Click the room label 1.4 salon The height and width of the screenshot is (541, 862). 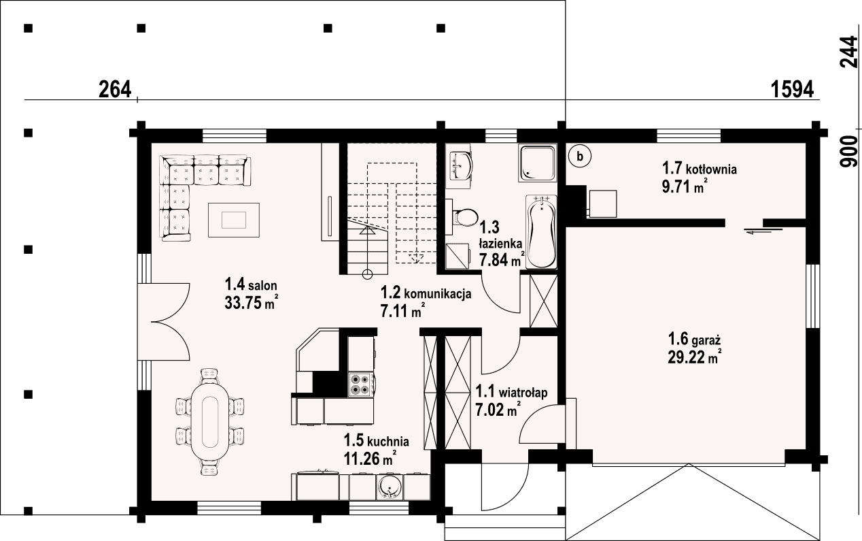tap(251, 284)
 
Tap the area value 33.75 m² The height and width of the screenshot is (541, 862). tap(251, 303)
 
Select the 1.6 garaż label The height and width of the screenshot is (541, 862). tap(694, 338)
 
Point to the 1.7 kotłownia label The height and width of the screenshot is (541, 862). tap(700, 167)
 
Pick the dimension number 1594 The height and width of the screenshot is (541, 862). tap(793, 89)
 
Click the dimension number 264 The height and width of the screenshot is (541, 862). tap(114, 89)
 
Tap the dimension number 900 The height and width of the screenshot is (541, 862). tap(848, 152)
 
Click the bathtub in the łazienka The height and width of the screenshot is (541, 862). tap(542, 232)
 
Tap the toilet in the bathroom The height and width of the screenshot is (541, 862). tap(466, 216)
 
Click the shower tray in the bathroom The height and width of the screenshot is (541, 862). tap(538, 162)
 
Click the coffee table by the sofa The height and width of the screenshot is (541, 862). tap(234, 219)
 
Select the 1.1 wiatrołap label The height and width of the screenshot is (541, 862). tap(511, 392)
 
